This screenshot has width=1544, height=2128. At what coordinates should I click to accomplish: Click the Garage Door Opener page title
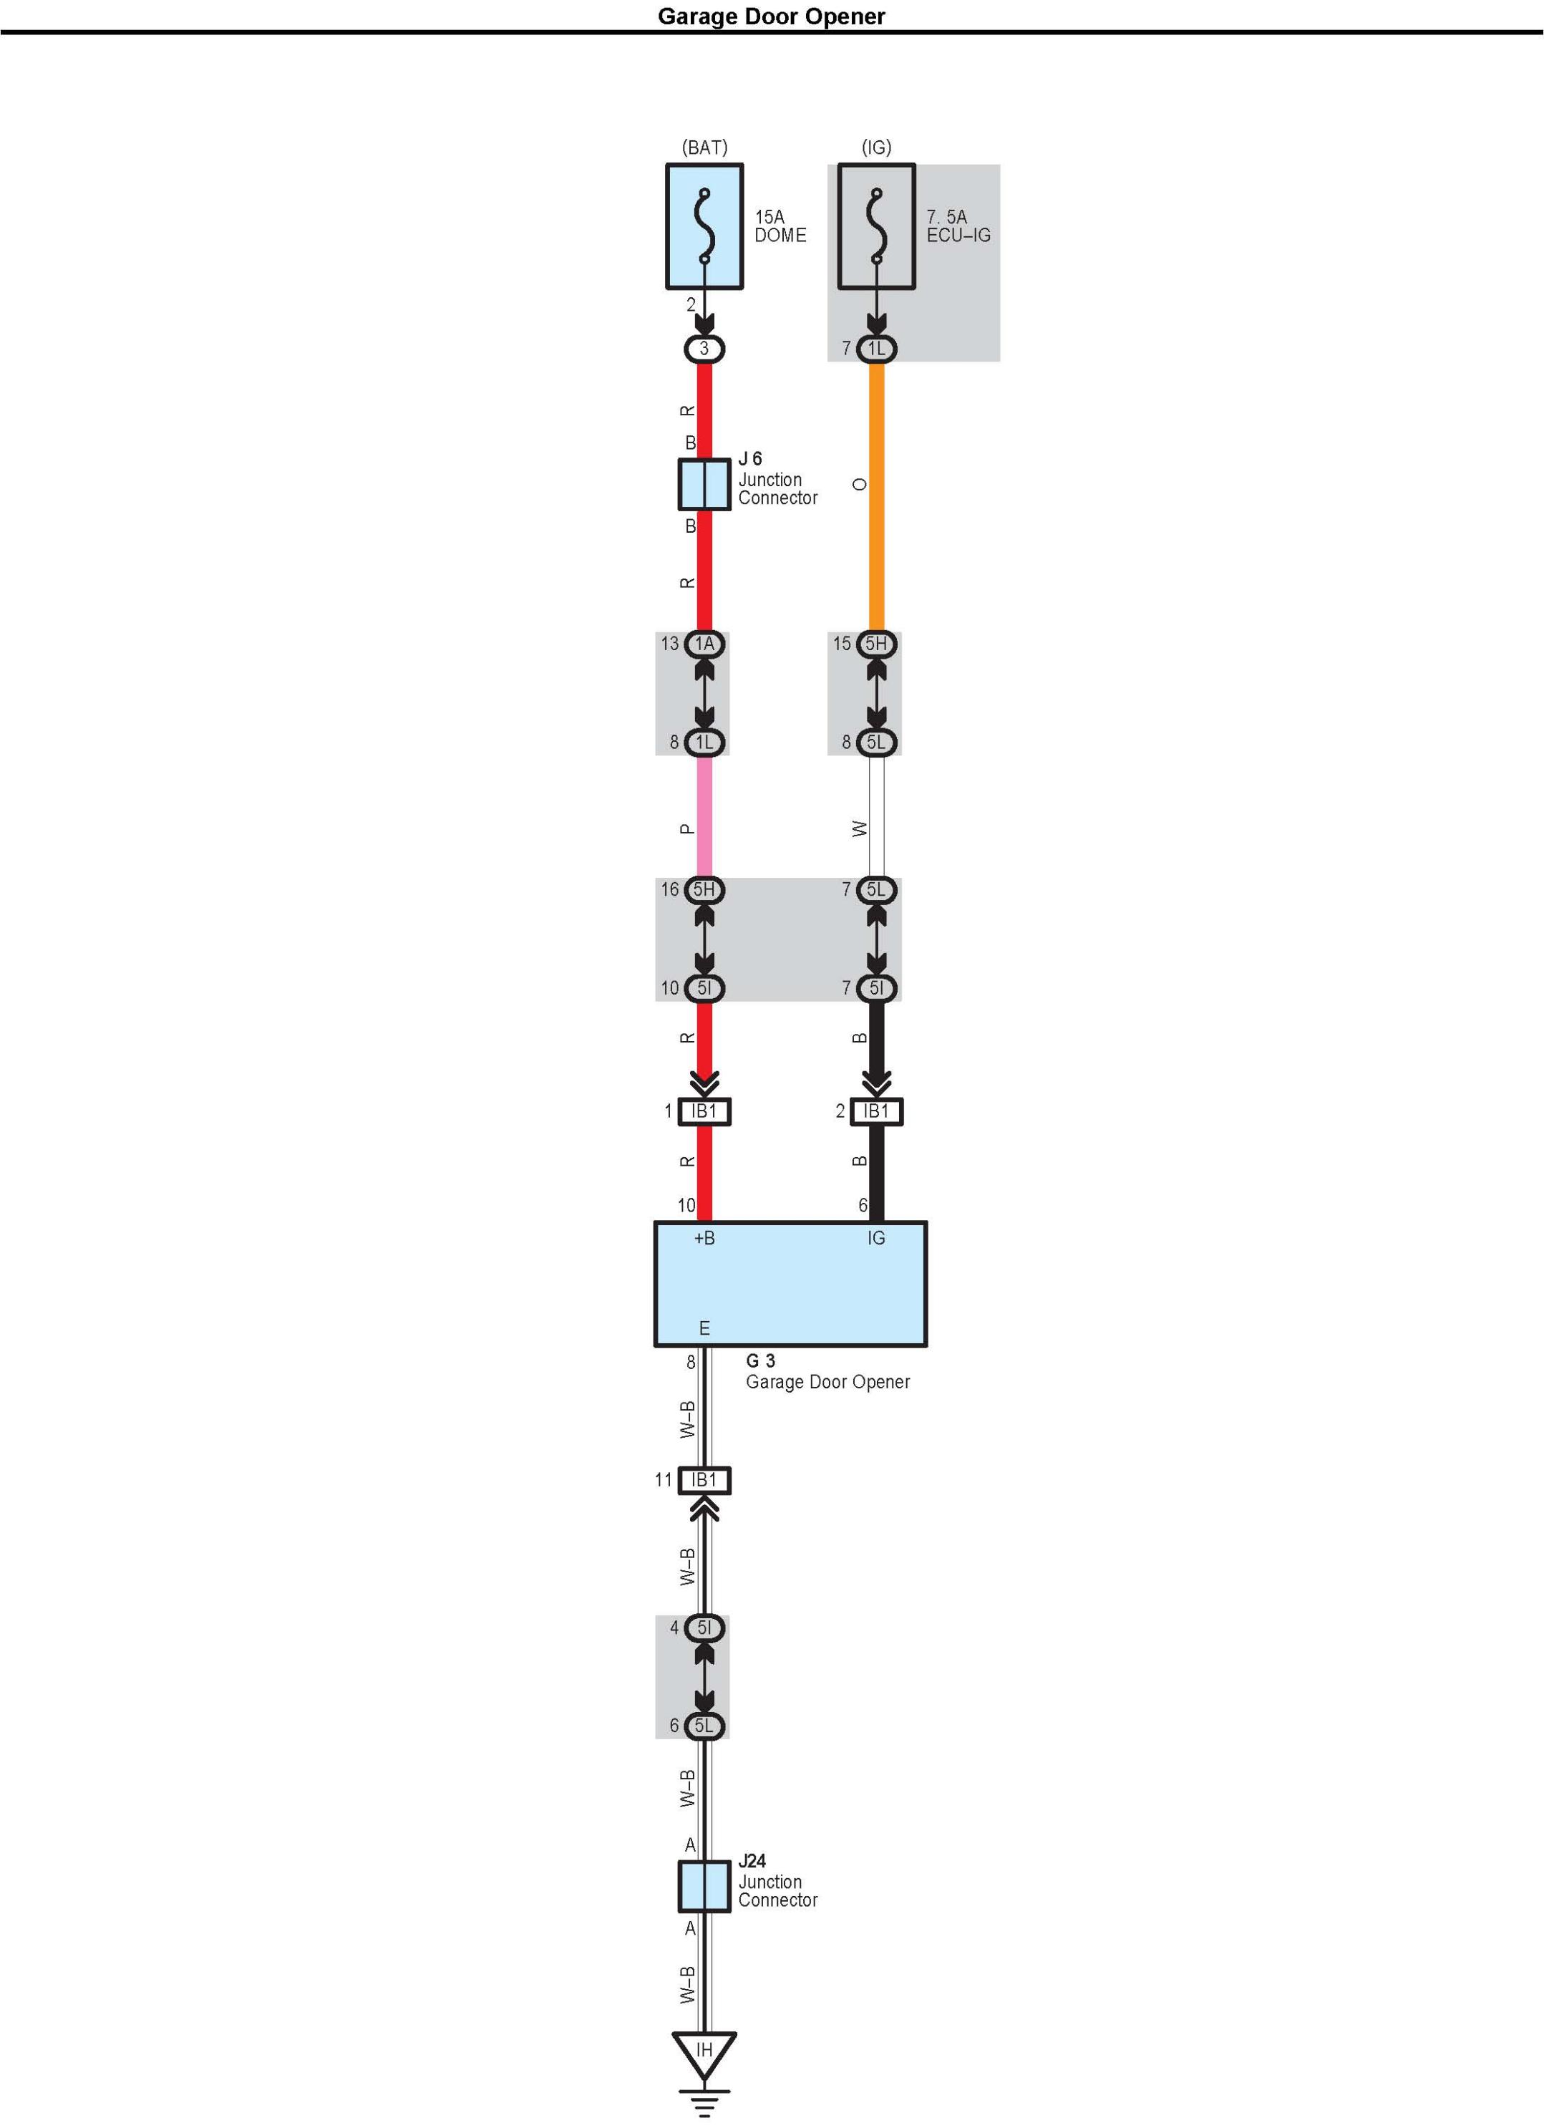[x=771, y=16]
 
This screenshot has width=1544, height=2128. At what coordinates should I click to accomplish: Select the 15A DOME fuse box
[x=704, y=226]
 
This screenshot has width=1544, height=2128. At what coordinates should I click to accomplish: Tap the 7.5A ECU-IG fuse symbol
[x=876, y=226]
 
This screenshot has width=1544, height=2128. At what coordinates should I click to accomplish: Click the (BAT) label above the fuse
[x=704, y=147]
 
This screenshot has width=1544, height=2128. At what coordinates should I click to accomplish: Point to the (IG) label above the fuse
[x=876, y=147]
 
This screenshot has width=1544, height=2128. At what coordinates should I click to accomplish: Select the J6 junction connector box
[x=704, y=484]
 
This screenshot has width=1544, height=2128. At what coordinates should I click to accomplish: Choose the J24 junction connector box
[x=704, y=1886]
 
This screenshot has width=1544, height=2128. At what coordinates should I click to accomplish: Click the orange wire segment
[x=876, y=498]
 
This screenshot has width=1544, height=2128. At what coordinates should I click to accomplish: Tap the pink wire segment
[x=704, y=816]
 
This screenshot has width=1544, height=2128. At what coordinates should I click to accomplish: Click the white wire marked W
[x=876, y=816]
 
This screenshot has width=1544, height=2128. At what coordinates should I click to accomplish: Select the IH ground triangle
[x=704, y=2052]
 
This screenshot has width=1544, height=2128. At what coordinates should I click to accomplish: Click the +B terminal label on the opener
[x=704, y=1239]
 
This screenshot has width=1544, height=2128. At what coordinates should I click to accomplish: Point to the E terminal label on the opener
[x=704, y=1329]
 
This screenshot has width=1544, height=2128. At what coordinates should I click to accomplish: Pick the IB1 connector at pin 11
[x=704, y=1480]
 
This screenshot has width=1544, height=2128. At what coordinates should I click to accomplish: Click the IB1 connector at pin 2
[x=876, y=1111]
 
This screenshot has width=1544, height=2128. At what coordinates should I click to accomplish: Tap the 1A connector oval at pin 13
[x=704, y=644]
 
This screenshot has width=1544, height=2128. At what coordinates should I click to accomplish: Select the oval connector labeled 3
[x=704, y=349]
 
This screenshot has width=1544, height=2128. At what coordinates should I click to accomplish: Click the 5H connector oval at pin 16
[x=704, y=889]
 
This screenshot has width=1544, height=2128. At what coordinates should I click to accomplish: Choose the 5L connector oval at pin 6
[x=704, y=1726]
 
